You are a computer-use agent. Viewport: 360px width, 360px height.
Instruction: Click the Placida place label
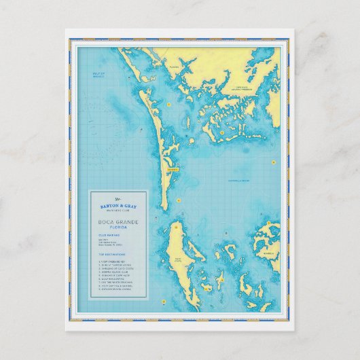pos(174,67)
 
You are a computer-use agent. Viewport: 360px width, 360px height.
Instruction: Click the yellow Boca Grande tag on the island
pos(171,170)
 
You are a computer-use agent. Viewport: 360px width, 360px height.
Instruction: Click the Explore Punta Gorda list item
pos(116,293)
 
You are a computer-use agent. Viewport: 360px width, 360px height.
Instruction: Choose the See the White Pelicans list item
pos(117,284)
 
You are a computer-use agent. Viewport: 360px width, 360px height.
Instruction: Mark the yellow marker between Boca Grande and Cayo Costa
pos(178,200)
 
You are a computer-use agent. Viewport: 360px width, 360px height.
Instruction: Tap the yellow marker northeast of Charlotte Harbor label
pos(272,163)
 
